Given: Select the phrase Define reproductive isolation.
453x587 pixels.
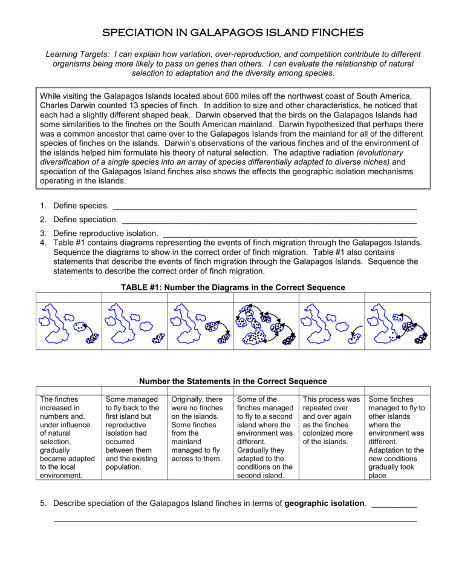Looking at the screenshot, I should pyautogui.click(x=106, y=233).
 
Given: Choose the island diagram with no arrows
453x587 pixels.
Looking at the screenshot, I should pyautogui.click(x=134, y=325).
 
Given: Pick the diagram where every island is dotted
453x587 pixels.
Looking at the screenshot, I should pyautogui.click(x=266, y=325).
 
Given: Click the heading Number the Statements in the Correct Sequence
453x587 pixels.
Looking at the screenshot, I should pyautogui.click(x=233, y=381).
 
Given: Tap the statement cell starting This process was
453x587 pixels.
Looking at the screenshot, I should pyautogui.click(x=331, y=421).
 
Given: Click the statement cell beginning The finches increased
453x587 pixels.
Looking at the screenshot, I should pyautogui.click(x=68, y=437).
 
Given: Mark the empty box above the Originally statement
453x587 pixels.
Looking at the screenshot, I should pyautogui.click(x=200, y=390).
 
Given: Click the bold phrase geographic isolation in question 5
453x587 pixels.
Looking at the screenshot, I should pyautogui.click(x=325, y=503).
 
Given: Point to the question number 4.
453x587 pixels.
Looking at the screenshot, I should pyautogui.click(x=44, y=243).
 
